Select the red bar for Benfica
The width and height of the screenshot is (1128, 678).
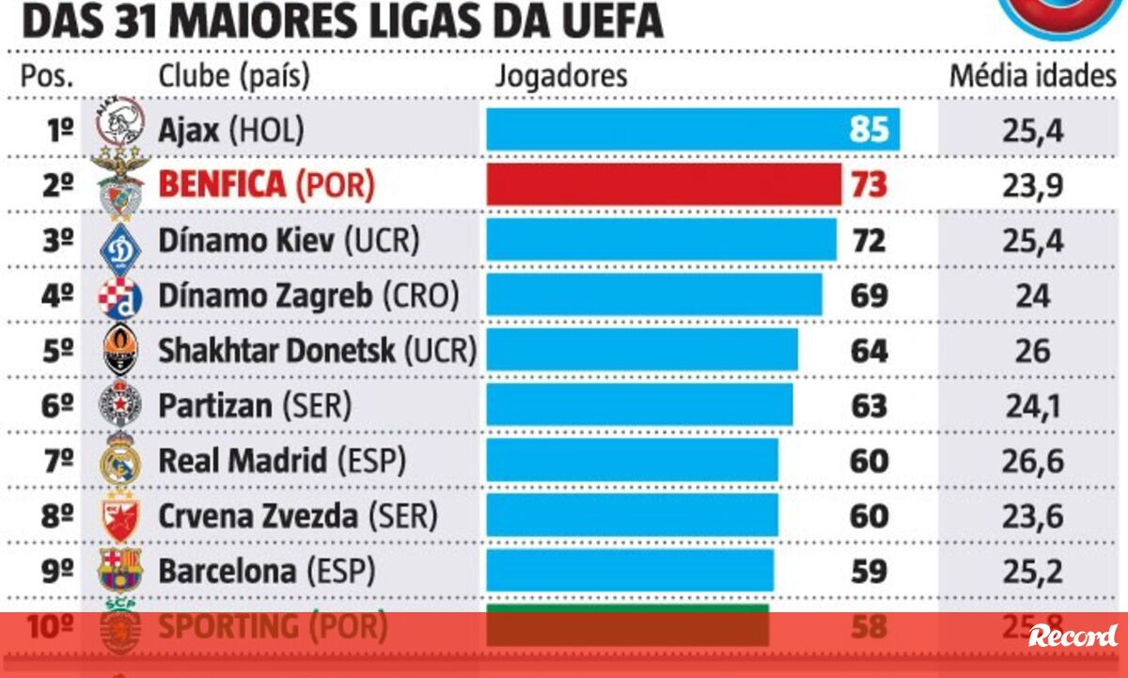pyautogui.click(x=663, y=184)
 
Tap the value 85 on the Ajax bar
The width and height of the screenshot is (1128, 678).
pyautogui.click(x=868, y=129)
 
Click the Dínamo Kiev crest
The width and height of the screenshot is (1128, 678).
pyautogui.click(x=120, y=242)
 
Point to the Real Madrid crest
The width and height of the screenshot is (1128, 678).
pyautogui.click(x=120, y=460)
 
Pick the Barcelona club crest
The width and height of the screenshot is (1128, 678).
pyautogui.click(x=120, y=570)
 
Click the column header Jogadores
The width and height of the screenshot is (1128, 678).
pyautogui.click(x=561, y=75)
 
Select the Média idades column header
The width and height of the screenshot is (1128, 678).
pyautogui.click(x=1031, y=75)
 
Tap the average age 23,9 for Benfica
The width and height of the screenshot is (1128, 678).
pyautogui.click(x=1032, y=185)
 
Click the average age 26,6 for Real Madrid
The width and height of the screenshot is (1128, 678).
pyautogui.click(x=1032, y=461)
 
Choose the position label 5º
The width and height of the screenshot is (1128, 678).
pyautogui.click(x=58, y=351)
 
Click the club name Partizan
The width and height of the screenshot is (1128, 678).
pyautogui.click(x=215, y=405)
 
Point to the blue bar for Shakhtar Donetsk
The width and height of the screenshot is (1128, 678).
pyautogui.click(x=641, y=351)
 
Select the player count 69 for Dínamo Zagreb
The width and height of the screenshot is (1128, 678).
pyautogui.click(x=869, y=295)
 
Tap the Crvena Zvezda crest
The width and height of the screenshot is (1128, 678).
pyautogui.click(x=120, y=515)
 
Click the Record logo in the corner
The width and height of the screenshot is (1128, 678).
pyautogui.click(x=1073, y=636)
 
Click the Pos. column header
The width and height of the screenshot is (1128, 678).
pyautogui.click(x=47, y=75)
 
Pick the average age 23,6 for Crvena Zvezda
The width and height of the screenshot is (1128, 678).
pyautogui.click(x=1032, y=515)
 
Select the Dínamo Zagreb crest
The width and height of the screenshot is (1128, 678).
pyautogui.click(x=120, y=297)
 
